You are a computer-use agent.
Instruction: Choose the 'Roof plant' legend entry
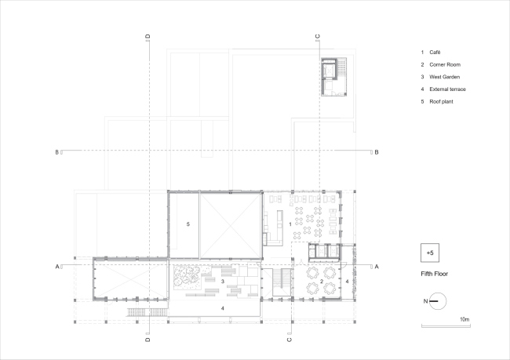point(443,102)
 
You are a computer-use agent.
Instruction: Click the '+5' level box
point(429,253)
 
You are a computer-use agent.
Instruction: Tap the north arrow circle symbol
point(438,300)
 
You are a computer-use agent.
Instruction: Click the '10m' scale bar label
point(464,319)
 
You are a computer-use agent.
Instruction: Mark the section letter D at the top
point(148,36)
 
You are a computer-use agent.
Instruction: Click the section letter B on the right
point(377,151)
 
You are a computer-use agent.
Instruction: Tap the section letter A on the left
point(58,267)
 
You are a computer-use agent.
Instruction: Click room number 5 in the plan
point(188,224)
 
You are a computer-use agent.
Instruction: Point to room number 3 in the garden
point(223,281)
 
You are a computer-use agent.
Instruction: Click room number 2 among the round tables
point(322,280)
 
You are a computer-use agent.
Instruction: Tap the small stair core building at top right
point(333,76)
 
